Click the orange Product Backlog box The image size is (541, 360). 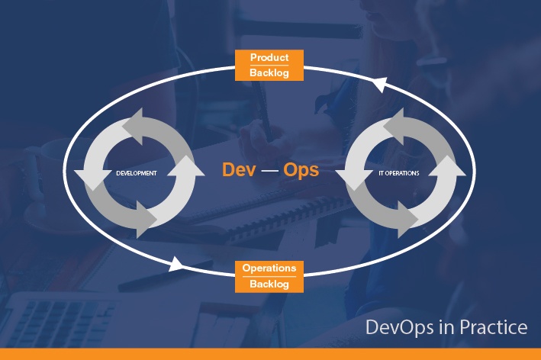click(x=269, y=65)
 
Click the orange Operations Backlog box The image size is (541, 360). click(x=269, y=277)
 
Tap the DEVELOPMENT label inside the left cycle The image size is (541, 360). click(x=137, y=173)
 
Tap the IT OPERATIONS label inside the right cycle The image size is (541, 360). click(x=399, y=173)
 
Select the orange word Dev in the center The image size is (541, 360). click(x=239, y=169)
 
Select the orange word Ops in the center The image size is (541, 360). click(x=301, y=170)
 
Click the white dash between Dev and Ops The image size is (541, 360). click(x=270, y=170)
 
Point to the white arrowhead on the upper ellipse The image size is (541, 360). click(x=379, y=84)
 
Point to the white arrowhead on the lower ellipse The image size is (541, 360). click(x=176, y=264)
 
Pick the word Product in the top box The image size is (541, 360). click(x=269, y=57)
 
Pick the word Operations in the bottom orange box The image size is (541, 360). click(x=269, y=268)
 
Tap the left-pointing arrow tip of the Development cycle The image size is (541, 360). click(x=75, y=171)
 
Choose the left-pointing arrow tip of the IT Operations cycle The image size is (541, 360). click(x=336, y=171)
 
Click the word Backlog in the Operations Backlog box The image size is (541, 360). click(x=269, y=284)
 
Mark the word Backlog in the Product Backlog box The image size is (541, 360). click(x=269, y=72)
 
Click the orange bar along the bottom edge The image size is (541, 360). click(x=270, y=354)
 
